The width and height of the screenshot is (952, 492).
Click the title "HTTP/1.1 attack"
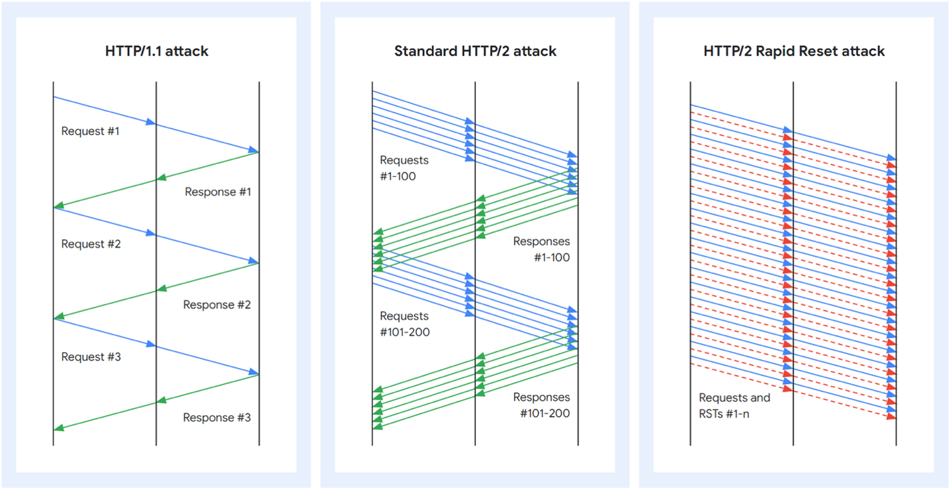pyautogui.click(x=156, y=51)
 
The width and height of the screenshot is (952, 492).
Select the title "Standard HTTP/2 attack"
pyautogui.click(x=475, y=51)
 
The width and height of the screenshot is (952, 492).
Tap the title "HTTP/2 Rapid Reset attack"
pyautogui.click(x=794, y=51)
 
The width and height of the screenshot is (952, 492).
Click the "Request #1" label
pyautogui.click(x=91, y=131)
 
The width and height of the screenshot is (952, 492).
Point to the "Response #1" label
pyautogui.click(x=218, y=192)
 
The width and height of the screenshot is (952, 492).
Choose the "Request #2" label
pyautogui.click(x=91, y=244)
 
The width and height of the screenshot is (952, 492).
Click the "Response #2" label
pyautogui.click(x=217, y=305)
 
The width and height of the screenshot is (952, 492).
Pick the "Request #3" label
pyautogui.click(x=91, y=357)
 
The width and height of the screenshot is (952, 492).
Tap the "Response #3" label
pyautogui.click(x=217, y=417)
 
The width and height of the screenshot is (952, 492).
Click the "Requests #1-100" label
pyautogui.click(x=404, y=168)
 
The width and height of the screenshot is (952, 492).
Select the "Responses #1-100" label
pyautogui.click(x=541, y=250)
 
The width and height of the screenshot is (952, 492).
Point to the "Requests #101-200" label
pyautogui.click(x=405, y=324)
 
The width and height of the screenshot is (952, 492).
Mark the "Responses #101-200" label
pyautogui.click(x=541, y=405)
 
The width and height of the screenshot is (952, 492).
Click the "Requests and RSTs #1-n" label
pyautogui.click(x=734, y=405)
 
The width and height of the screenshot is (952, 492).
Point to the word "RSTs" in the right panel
pyautogui.click(x=712, y=413)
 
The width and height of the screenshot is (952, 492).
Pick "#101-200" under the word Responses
pyautogui.click(x=545, y=413)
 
